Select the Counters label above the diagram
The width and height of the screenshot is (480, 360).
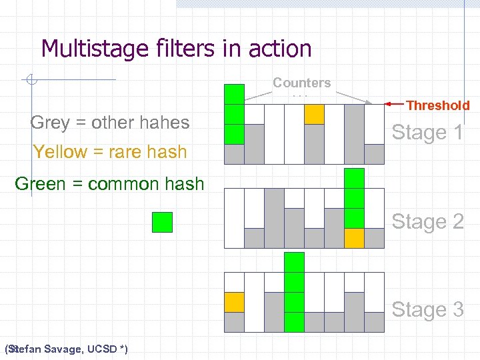coord(301,83)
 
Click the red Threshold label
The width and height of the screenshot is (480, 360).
coord(438,105)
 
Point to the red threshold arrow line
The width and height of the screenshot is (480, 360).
coord(395,104)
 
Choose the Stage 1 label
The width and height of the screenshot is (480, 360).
coord(427,133)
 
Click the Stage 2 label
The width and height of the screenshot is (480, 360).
coord(427,221)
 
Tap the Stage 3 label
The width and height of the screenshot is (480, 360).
coord(427,310)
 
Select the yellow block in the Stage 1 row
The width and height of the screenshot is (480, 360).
coord(314,115)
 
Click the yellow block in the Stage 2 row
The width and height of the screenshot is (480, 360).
coord(355,238)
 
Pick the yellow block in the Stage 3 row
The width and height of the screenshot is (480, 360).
coord(234,303)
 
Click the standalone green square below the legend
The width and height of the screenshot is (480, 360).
coord(162,222)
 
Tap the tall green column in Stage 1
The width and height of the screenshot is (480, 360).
coord(234,115)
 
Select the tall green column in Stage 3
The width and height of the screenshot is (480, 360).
coord(294,292)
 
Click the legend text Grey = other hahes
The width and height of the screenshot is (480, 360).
coord(110,123)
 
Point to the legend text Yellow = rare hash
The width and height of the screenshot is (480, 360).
coord(110,152)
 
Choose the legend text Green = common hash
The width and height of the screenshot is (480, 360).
coord(109,184)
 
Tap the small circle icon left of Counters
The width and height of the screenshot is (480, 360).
coord(30,81)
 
